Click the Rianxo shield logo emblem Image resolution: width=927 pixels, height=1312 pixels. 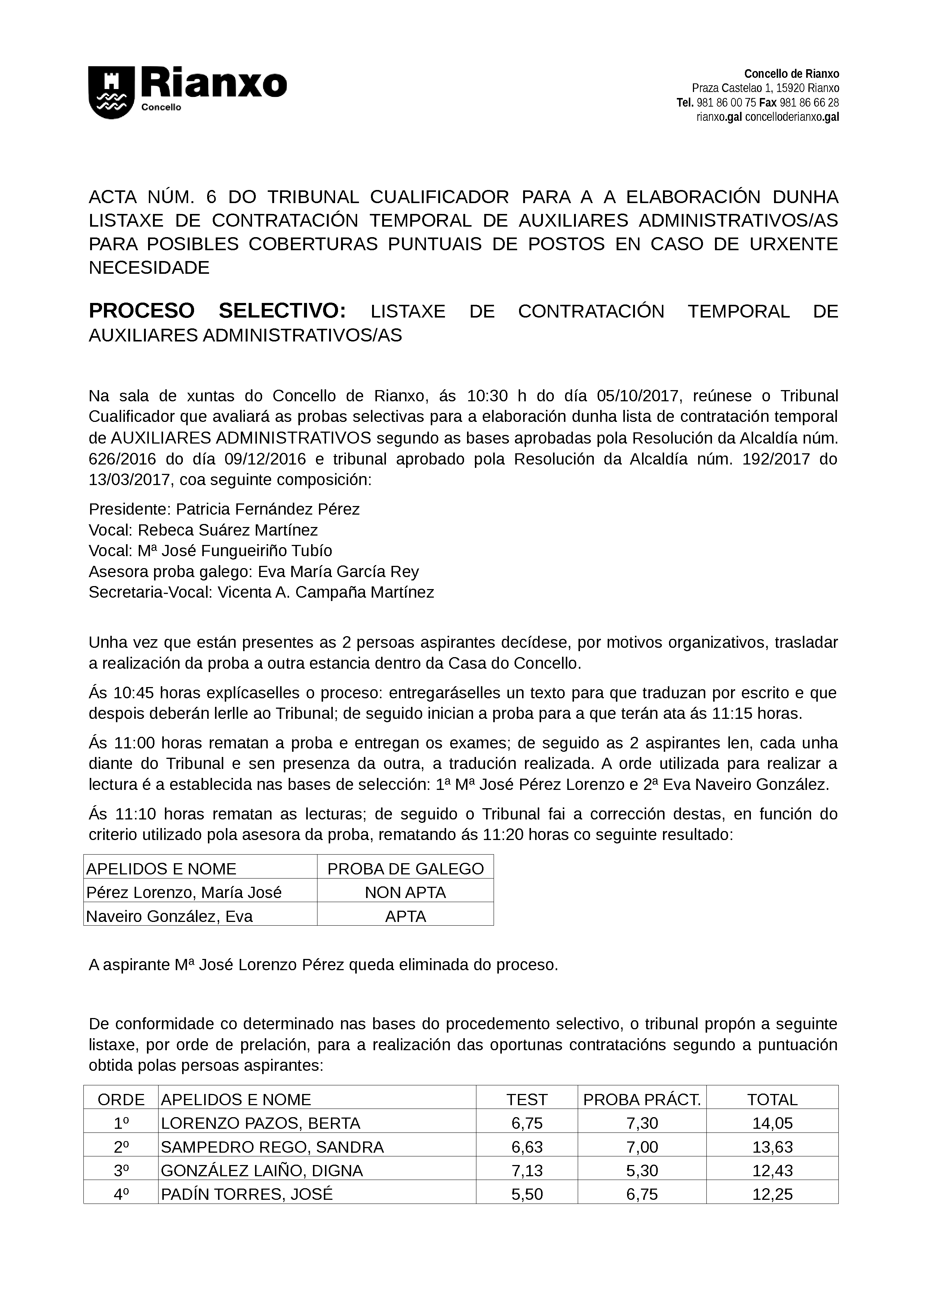(111, 93)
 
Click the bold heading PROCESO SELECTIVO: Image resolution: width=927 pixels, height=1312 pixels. (217, 312)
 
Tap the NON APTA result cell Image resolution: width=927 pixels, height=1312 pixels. (405, 893)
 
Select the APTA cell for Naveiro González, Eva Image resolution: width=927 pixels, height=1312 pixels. (405, 917)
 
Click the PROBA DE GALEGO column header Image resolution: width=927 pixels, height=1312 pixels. (405, 869)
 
